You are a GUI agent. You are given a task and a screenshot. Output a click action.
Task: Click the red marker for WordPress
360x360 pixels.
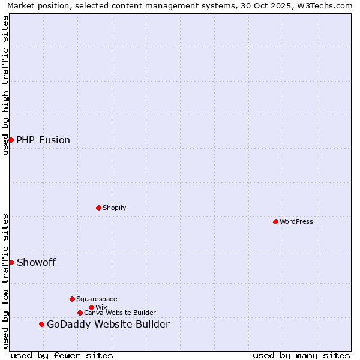[x=275, y=221]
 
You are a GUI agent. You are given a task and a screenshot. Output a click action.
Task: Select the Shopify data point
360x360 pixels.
[x=98, y=208]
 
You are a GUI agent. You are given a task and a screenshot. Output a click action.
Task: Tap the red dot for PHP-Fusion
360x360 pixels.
[x=11, y=140]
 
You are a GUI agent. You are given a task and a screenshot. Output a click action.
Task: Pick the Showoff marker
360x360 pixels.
[x=11, y=262]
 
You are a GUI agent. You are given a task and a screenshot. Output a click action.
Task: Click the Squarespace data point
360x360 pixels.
[x=72, y=299]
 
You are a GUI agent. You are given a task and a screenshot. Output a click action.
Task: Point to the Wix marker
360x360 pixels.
[x=91, y=307]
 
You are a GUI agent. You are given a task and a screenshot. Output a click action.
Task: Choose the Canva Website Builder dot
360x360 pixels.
[x=80, y=313]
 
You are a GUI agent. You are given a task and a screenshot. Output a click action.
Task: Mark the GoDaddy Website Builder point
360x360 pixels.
[x=41, y=324]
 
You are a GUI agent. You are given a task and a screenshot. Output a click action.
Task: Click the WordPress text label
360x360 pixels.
[x=296, y=221]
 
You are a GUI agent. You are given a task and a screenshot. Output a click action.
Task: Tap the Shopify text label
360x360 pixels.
[x=114, y=208]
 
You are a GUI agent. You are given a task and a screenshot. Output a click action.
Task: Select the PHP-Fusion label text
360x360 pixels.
[x=43, y=140]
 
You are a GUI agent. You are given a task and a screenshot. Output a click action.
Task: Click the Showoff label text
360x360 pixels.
[x=36, y=262]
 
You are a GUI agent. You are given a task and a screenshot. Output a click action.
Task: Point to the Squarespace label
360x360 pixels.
[x=97, y=299]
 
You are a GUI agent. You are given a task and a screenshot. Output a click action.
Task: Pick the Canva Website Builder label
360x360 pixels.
[x=120, y=313]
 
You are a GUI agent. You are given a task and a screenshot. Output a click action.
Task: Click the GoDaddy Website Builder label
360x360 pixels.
[x=108, y=324]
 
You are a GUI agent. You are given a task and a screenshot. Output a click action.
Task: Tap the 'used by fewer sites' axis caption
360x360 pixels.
[x=62, y=355]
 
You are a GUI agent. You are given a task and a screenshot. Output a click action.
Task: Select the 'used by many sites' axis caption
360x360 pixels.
[x=301, y=355]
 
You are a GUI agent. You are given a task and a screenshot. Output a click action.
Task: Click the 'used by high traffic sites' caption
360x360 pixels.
[x=5, y=85]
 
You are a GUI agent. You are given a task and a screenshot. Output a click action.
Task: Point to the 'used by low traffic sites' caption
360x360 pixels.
[x=5, y=280]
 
